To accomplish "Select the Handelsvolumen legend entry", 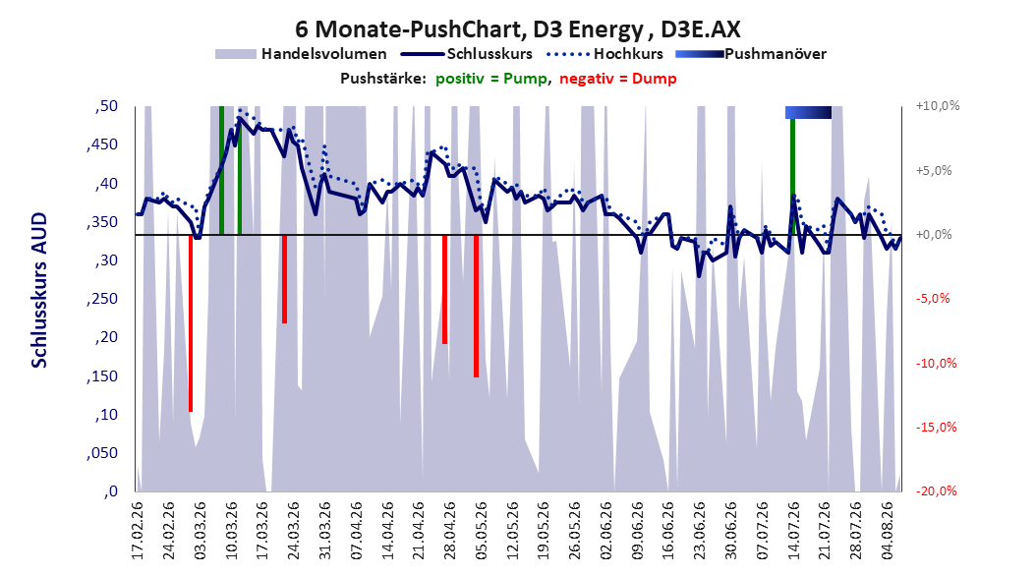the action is (302, 54).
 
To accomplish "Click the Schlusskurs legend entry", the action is (467, 54).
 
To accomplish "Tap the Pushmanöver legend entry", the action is (751, 54).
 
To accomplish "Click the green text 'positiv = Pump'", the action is (490, 79).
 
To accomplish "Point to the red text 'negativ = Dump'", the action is (618, 79).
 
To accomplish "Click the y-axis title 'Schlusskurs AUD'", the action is (39, 291).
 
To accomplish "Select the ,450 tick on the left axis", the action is (102, 144).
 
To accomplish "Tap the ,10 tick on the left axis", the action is (102, 415).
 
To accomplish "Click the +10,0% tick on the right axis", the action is (938, 106).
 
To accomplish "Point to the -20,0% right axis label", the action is (936, 490).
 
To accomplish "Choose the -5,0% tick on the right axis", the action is (933, 299).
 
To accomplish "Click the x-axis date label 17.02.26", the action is (138, 531).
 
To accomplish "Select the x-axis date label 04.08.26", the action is (887, 531).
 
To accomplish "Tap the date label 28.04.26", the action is (449, 531).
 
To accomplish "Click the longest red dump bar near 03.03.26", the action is (191, 323).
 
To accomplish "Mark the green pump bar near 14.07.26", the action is (792, 176).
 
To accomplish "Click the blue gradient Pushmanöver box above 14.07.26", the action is (808, 112).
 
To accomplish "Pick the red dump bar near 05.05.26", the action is (476, 306).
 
